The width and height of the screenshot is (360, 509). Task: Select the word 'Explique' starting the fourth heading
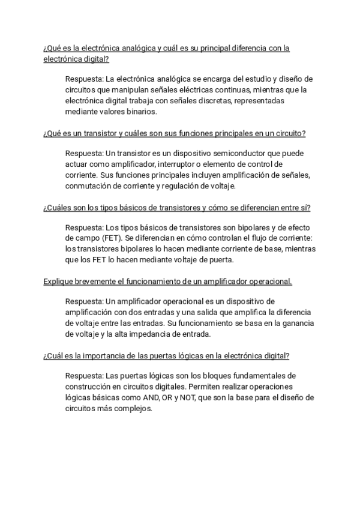tap(58, 281)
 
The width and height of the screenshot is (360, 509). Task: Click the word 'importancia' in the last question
tap(110, 355)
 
